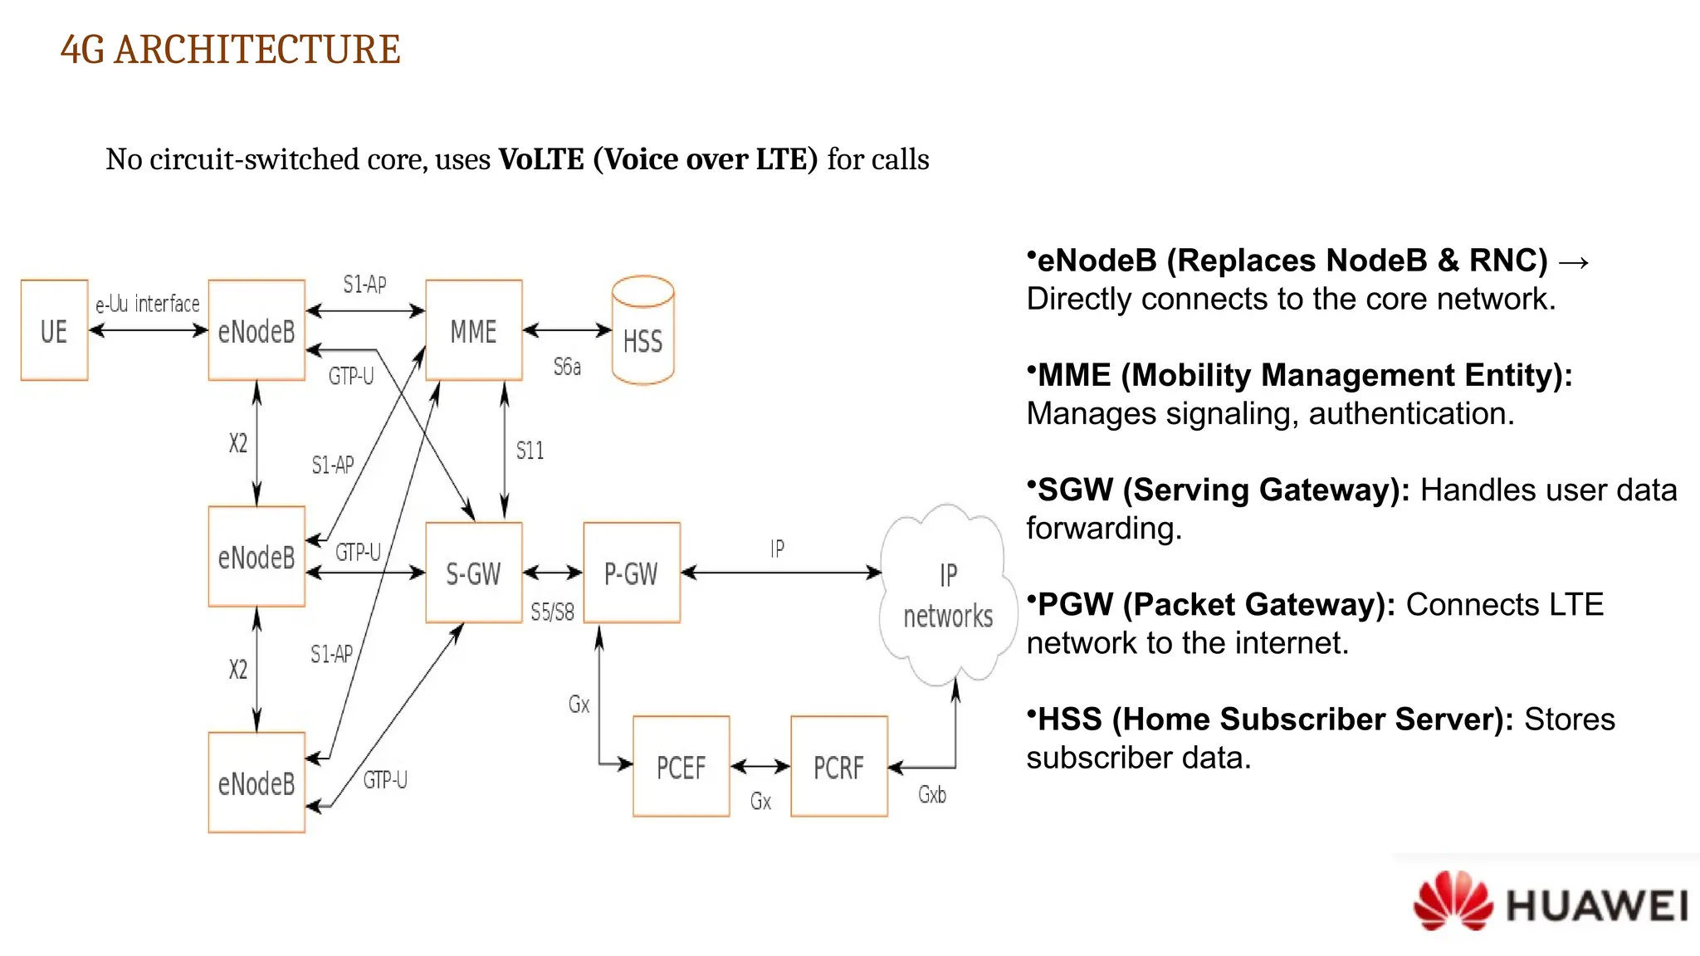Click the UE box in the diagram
[x=54, y=330]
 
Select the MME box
[x=473, y=330]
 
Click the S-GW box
[x=473, y=573]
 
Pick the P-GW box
[x=631, y=573]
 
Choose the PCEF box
[x=681, y=767]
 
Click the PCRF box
[x=838, y=767]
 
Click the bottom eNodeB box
[x=256, y=783]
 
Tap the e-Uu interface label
[x=148, y=304]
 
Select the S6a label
[x=567, y=367]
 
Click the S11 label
[x=530, y=451]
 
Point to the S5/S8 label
[x=552, y=612]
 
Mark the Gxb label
[x=931, y=795]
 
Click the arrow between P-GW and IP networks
[x=780, y=573]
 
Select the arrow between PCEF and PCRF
[x=760, y=767]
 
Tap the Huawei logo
[x=1549, y=902]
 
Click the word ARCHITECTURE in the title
[x=257, y=50]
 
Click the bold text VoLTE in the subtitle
[x=541, y=159]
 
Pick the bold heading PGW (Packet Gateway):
[x=1216, y=605]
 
